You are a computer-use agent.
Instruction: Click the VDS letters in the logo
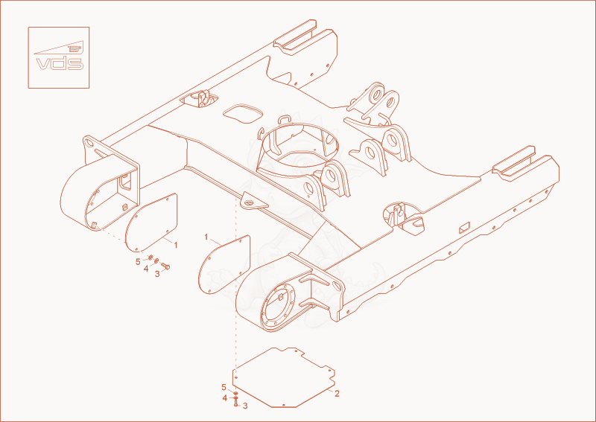(x=60, y=63)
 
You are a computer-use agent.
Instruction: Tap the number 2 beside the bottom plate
(x=337, y=394)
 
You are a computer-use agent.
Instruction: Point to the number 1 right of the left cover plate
(x=176, y=246)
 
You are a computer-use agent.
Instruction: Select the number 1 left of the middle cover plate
(x=206, y=237)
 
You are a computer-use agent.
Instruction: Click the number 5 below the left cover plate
(x=138, y=262)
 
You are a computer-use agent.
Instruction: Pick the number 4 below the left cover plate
(x=146, y=269)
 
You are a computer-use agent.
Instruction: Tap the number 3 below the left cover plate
(x=157, y=274)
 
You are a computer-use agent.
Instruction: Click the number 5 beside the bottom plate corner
(x=224, y=388)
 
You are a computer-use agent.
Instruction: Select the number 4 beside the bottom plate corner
(x=225, y=398)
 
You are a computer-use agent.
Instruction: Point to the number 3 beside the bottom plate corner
(x=245, y=406)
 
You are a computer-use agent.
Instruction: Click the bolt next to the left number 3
(x=165, y=266)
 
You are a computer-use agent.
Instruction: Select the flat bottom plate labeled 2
(x=284, y=377)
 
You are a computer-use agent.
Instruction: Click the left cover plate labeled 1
(x=151, y=223)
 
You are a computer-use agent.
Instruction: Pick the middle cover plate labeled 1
(x=224, y=264)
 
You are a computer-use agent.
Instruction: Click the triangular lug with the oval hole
(x=253, y=201)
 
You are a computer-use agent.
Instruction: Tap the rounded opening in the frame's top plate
(x=243, y=114)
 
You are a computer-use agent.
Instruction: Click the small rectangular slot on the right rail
(x=464, y=228)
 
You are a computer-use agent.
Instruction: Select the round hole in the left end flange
(x=89, y=144)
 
